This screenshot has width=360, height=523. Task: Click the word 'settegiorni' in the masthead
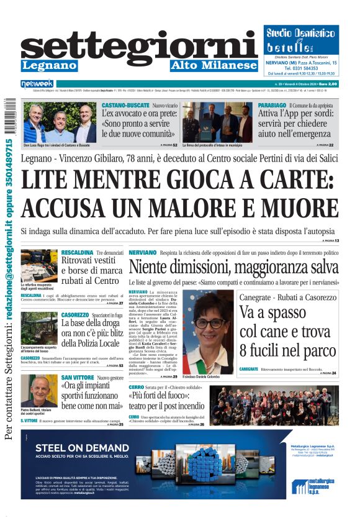pyautogui.click(x=139, y=47)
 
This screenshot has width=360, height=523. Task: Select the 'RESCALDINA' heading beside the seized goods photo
pyautogui.click(x=78, y=253)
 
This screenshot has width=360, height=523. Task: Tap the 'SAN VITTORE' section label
pyautogui.click(x=78, y=377)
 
